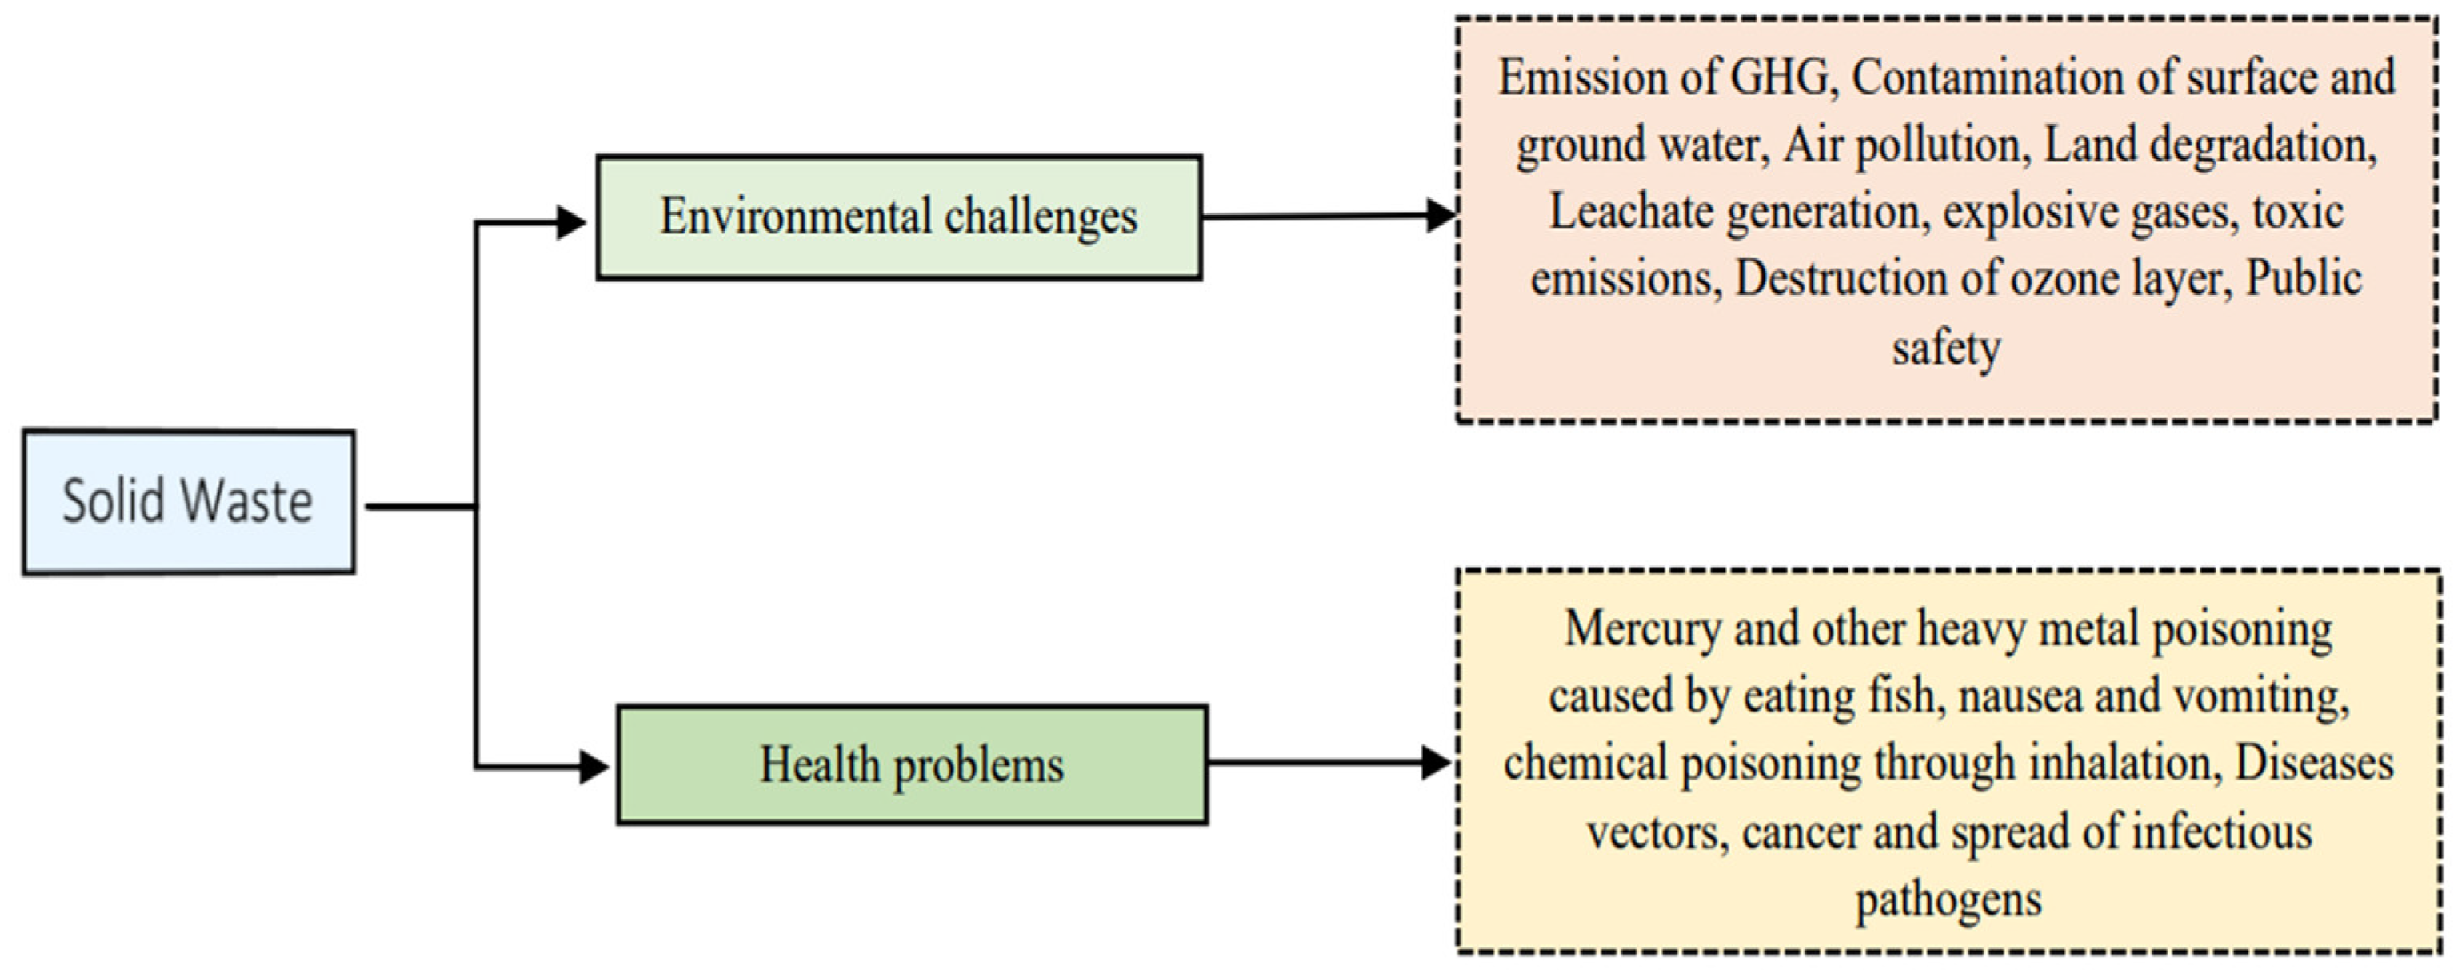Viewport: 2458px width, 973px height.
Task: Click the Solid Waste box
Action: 189,502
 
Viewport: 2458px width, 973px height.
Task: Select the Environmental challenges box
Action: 898,217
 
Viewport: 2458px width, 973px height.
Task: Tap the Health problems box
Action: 911,765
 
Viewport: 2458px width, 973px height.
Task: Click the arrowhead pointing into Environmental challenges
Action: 570,222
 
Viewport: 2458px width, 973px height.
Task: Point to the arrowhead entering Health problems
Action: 594,766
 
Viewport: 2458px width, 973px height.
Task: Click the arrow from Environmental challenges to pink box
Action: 1326,217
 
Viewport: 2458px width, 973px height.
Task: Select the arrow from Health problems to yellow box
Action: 1326,762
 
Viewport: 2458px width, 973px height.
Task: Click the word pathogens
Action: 1948,899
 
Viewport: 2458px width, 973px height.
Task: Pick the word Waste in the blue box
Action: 246,502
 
